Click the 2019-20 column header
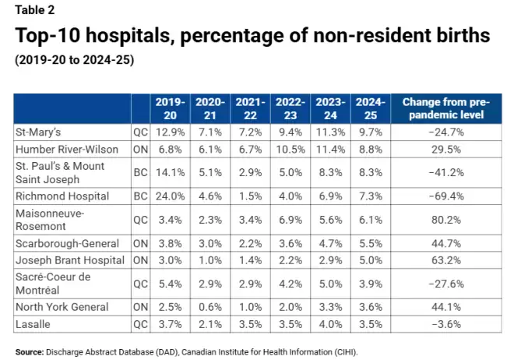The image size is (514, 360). click(x=170, y=108)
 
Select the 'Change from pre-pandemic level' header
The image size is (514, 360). click(x=446, y=108)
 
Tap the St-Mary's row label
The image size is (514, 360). click(x=38, y=132)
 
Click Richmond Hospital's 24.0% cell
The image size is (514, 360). click(x=170, y=196)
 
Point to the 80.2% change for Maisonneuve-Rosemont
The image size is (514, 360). click(x=446, y=220)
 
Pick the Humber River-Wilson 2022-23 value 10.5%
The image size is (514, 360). click(x=290, y=150)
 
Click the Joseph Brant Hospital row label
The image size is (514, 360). click(x=70, y=260)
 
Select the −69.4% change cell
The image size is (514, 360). click(x=446, y=196)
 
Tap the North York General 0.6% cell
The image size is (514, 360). click(x=210, y=307)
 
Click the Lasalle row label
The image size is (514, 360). click(x=33, y=324)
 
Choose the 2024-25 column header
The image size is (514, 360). click(x=371, y=108)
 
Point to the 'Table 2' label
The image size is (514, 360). click(x=35, y=10)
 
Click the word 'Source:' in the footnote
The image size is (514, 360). click(x=30, y=352)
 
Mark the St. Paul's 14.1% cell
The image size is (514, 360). click(x=170, y=172)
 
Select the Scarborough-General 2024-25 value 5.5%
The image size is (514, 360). click(x=371, y=244)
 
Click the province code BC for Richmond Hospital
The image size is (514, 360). click(x=141, y=196)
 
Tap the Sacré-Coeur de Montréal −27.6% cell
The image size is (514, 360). click(x=446, y=284)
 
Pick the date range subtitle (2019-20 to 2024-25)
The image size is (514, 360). click(x=75, y=60)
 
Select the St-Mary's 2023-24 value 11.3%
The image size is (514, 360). click(x=330, y=132)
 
